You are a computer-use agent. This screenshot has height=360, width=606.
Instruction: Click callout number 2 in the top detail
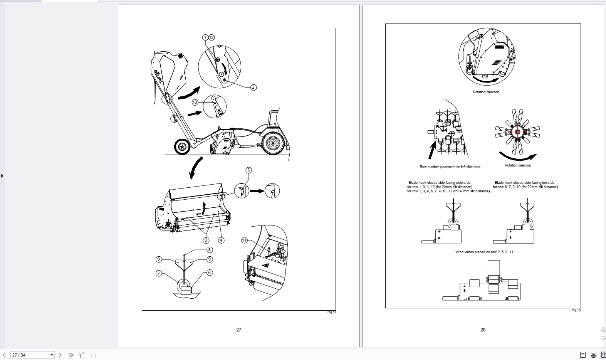(x=253, y=87)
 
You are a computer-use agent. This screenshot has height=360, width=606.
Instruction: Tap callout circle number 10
(x=195, y=103)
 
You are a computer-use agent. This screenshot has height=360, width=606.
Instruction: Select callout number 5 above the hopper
(x=248, y=170)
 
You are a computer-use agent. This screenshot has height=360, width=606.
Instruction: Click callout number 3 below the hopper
(x=206, y=240)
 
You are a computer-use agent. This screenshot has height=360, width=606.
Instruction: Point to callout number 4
(x=221, y=240)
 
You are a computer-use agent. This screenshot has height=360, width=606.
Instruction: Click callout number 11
(x=244, y=240)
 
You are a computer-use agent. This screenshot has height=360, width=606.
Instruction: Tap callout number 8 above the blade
(x=210, y=250)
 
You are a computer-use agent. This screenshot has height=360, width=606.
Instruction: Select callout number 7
(x=159, y=273)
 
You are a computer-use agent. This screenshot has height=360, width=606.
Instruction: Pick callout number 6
(x=210, y=273)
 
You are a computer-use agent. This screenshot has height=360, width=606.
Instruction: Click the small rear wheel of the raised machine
(x=181, y=147)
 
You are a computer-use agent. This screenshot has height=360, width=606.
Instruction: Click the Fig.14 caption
(x=332, y=312)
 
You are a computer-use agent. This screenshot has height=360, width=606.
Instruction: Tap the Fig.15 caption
(x=576, y=310)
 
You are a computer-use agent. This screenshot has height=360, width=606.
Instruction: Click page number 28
(x=483, y=330)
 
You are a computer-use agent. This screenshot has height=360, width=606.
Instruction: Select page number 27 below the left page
(x=238, y=330)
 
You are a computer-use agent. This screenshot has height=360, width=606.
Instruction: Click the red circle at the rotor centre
(x=517, y=132)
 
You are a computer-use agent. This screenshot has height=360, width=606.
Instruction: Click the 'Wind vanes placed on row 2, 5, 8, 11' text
(x=484, y=252)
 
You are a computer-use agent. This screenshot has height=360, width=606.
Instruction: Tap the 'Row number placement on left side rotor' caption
(x=450, y=167)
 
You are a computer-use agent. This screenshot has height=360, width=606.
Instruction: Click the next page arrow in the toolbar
(x=60, y=355)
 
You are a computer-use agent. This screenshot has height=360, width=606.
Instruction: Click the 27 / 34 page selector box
(x=32, y=355)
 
